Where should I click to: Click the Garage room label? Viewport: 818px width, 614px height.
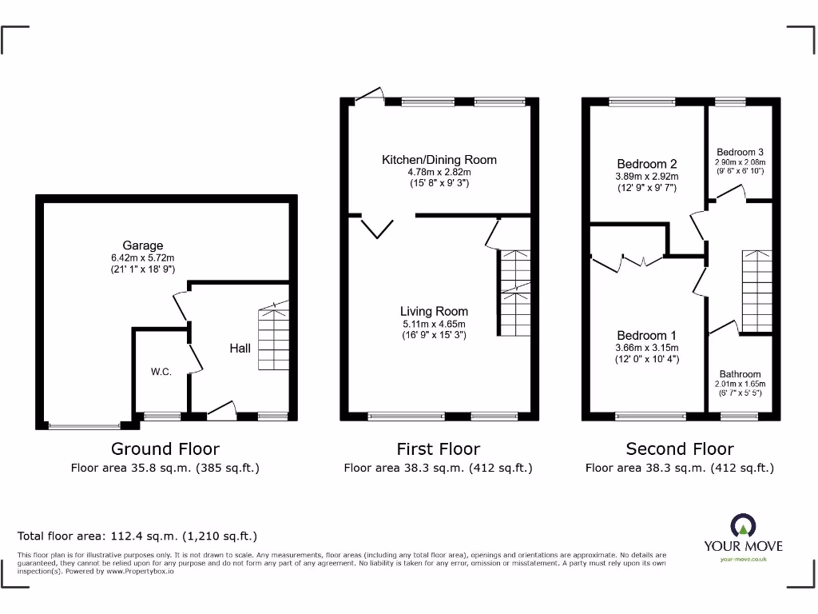point(143,245)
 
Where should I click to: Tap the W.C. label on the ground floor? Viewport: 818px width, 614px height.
point(162,372)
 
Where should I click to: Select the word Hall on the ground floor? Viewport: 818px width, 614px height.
point(240,348)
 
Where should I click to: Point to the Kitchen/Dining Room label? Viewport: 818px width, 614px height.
point(439,160)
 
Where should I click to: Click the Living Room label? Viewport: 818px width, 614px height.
point(435,312)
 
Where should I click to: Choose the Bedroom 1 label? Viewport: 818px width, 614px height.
point(646,336)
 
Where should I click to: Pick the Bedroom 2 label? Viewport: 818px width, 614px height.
point(646,164)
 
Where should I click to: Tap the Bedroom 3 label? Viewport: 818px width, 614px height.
point(740,152)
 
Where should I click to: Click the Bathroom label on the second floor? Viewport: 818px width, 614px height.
point(740,374)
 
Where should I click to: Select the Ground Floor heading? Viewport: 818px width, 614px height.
point(165,449)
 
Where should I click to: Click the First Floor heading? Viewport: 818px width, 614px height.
point(438,449)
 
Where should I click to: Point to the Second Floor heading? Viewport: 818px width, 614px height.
point(679,449)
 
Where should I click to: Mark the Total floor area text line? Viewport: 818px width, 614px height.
point(137,536)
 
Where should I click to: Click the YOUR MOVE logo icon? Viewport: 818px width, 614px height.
point(743,527)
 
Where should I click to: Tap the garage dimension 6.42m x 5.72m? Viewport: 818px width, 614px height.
point(143,259)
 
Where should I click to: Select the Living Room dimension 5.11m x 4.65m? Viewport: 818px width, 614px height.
point(435,324)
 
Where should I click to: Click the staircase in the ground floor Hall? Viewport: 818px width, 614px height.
point(272,339)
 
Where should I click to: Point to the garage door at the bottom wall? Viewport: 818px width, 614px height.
point(84,426)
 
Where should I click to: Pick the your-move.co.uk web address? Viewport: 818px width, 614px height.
point(743,560)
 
